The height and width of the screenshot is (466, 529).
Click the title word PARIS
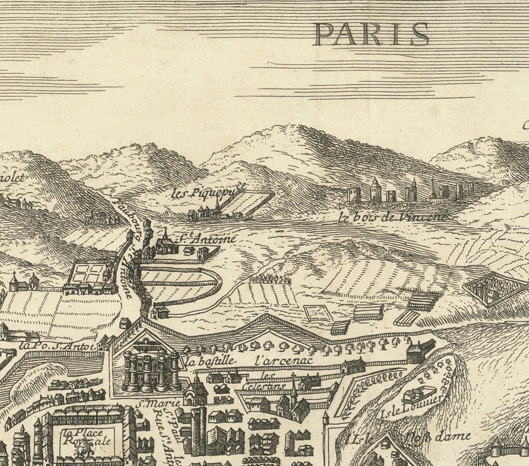pos(372,34)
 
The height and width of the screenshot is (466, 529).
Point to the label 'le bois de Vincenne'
pos(392,216)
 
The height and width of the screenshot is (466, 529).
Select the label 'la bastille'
pos(210,361)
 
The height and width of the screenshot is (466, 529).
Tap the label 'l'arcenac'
pos(274,360)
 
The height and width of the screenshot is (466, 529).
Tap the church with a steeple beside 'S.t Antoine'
pos(165,242)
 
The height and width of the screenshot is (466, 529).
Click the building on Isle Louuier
pos(418,395)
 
